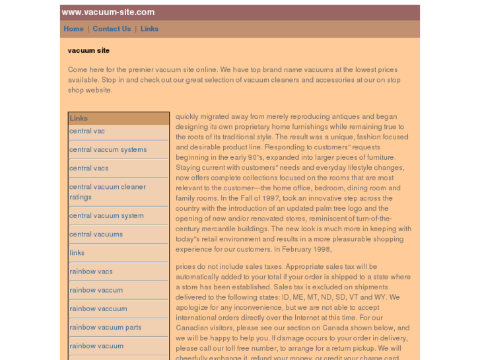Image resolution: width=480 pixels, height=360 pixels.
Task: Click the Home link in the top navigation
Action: pyautogui.click(x=73, y=29)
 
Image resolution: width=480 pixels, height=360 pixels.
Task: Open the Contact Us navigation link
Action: pyautogui.click(x=112, y=29)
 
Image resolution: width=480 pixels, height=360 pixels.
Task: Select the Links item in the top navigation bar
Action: pyautogui.click(x=149, y=29)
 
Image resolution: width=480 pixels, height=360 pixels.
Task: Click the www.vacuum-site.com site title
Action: pyautogui.click(x=108, y=12)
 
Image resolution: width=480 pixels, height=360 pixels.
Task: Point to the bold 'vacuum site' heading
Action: pyautogui.click(x=88, y=50)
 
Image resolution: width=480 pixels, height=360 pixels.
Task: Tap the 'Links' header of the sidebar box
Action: pyautogui.click(x=79, y=118)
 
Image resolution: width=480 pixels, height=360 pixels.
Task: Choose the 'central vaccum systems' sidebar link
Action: pyautogui.click(x=108, y=150)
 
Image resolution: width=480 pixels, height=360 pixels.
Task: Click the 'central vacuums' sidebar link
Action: pyautogui.click(x=96, y=234)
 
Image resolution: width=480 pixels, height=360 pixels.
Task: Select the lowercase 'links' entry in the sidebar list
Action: pyautogui.click(x=77, y=253)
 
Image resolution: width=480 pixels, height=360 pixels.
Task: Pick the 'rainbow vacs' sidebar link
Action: pyautogui.click(x=91, y=271)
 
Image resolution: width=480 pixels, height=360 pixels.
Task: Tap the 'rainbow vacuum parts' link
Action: pyautogui.click(x=106, y=328)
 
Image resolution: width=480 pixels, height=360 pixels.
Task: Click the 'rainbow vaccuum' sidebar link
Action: pyautogui.click(x=98, y=309)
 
